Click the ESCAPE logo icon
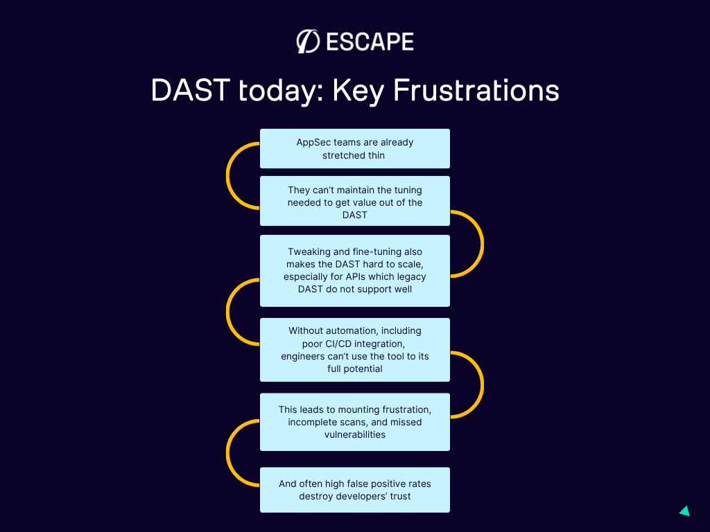click(308, 42)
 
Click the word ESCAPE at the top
click(370, 42)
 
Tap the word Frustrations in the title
click(476, 90)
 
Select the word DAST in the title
click(190, 90)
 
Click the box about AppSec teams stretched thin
click(355, 148)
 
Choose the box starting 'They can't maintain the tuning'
click(355, 201)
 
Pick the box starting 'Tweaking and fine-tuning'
click(355, 271)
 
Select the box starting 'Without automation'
click(355, 350)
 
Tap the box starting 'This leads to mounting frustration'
click(355, 422)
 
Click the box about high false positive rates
click(355, 490)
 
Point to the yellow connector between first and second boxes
click(227, 175)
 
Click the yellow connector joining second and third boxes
click(483, 244)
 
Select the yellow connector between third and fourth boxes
click(227, 312)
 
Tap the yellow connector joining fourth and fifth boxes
click(483, 384)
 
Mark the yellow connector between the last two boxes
click(227, 453)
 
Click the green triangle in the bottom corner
click(686, 511)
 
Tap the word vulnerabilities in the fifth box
click(355, 435)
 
